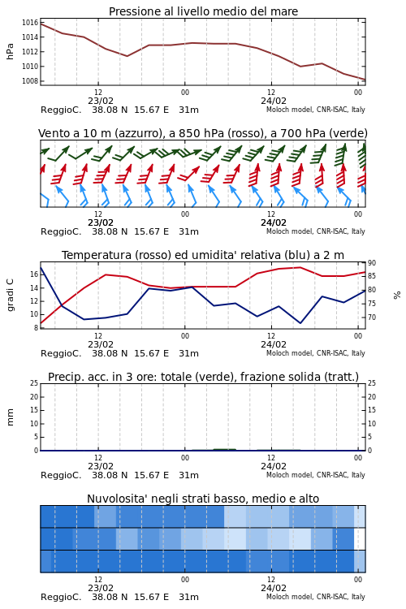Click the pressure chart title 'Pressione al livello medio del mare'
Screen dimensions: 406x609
tap(203, 11)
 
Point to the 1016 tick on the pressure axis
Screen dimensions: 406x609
tap(30, 23)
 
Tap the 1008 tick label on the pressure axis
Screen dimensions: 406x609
tap(30, 81)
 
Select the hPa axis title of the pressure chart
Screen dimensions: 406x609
tap(10, 51)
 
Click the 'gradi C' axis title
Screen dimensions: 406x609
tap(10, 295)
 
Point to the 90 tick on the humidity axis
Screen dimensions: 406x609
tap(372, 263)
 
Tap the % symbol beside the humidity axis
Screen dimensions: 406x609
tap(397, 296)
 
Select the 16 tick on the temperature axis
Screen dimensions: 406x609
tap(34, 274)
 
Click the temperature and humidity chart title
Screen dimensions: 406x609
tap(203, 255)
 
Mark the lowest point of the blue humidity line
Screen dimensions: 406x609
tap(300, 323)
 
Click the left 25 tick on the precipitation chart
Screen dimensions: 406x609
tap(34, 383)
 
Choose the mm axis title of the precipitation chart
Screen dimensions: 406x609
tap(10, 417)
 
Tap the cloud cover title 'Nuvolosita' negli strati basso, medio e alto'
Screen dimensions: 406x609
tap(203, 499)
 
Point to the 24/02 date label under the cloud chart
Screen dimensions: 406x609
tap(274, 588)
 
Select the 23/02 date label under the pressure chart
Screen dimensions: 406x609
tap(101, 101)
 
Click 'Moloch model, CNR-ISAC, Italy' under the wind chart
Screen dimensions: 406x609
tap(316, 231)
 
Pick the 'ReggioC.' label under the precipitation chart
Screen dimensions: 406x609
tap(61, 475)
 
